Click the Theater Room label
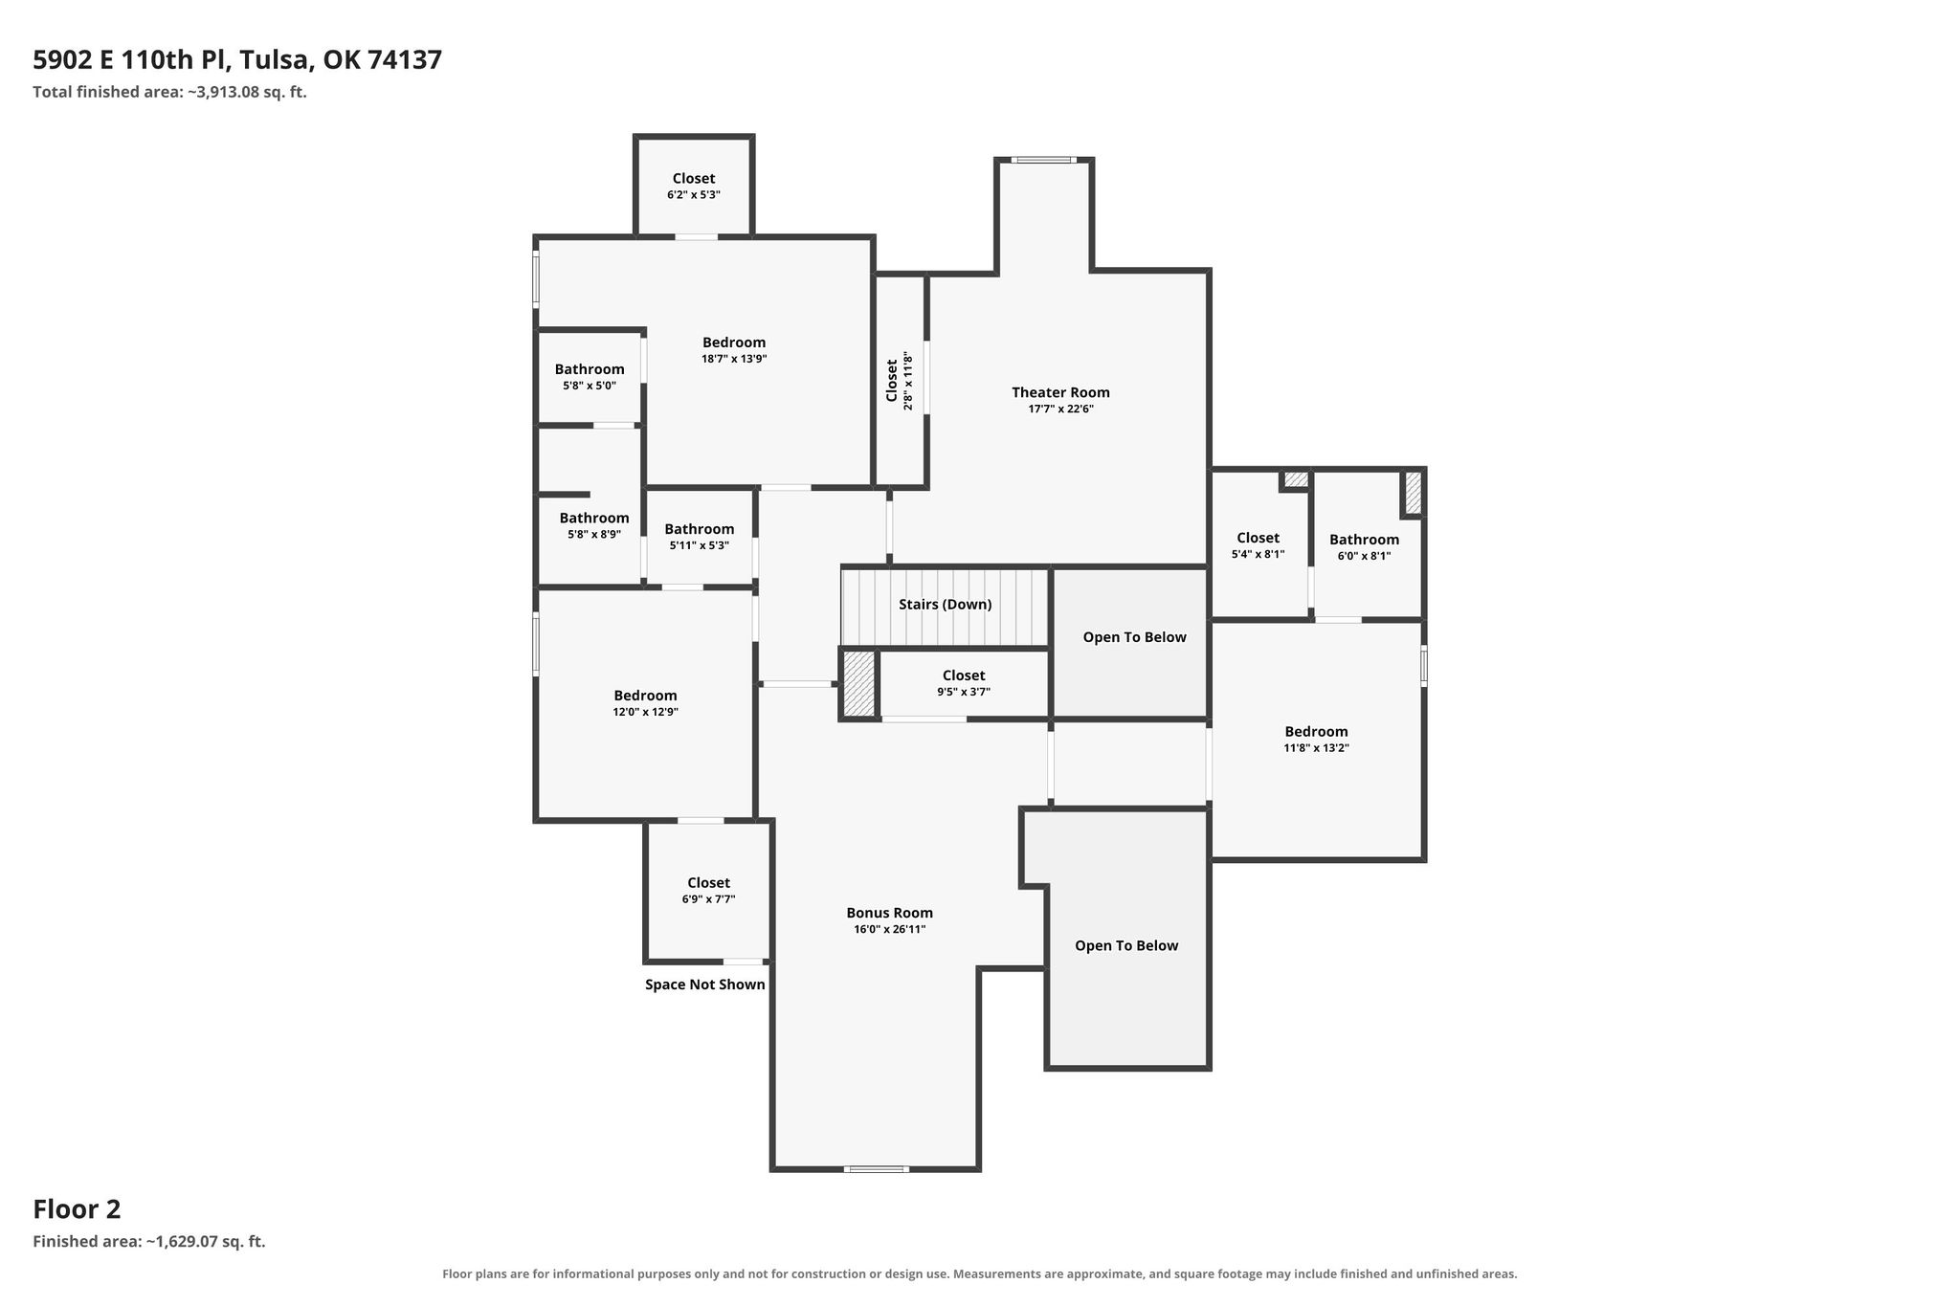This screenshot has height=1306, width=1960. pos(1060,392)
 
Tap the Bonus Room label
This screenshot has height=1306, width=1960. pos(889,913)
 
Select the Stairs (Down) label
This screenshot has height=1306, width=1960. pos(945,605)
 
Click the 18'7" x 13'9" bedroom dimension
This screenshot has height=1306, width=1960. pos(734,360)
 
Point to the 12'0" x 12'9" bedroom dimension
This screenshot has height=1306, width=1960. pos(645,712)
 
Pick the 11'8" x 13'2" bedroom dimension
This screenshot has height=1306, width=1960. pos(1316,748)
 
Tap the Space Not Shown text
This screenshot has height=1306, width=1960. pos(705,985)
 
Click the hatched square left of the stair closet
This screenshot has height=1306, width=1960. pos(859,684)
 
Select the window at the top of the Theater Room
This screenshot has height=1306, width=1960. pos(1043,160)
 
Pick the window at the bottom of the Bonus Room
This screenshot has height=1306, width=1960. pos(877,1168)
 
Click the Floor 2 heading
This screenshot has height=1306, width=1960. pos(77,1209)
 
